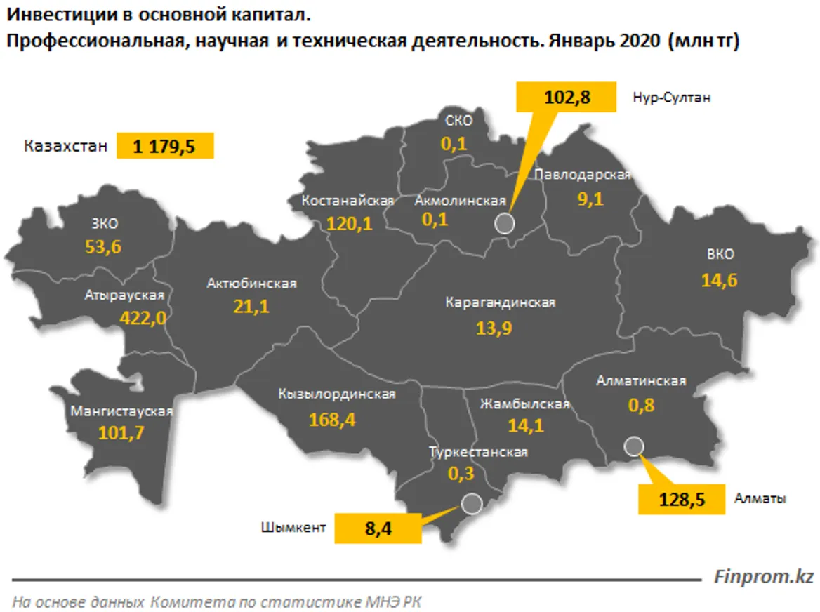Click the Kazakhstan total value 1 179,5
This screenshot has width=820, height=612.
(165, 147)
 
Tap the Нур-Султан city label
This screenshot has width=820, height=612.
(671, 98)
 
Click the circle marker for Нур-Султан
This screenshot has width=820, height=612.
(505, 223)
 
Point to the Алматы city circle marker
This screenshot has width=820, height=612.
(633, 446)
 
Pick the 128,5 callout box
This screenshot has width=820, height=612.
(681, 499)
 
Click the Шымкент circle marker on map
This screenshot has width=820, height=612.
(471, 503)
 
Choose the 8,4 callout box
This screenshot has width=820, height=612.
(378, 528)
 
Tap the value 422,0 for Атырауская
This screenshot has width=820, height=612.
(143, 318)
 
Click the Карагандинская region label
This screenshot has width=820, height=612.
(500, 302)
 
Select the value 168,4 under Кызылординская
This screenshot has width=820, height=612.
(333, 420)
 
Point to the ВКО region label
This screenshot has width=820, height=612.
(720, 254)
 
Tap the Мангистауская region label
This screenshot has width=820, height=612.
(121, 411)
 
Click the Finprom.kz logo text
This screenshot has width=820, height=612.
(763, 577)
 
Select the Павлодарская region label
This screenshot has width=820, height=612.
(582, 175)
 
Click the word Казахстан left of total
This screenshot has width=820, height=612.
(66, 147)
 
